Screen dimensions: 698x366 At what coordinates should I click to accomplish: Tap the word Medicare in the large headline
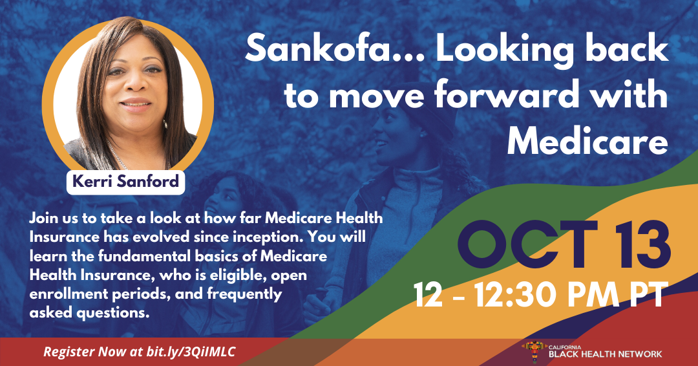(x=587, y=141)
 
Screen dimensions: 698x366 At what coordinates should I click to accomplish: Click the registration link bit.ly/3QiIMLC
(x=190, y=352)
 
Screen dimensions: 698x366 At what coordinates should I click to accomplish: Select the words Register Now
(x=85, y=352)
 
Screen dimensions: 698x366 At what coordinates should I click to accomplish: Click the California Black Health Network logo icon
(x=534, y=352)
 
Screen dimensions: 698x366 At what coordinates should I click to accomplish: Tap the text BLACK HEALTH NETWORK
(x=606, y=354)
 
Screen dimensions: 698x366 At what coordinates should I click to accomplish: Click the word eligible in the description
(x=233, y=275)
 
